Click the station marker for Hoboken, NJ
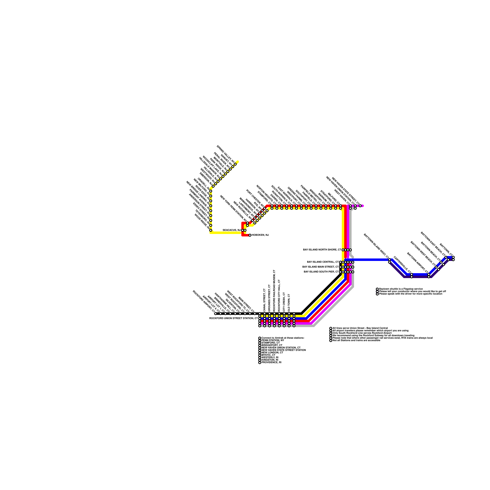point(250,235)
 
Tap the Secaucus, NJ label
point(232,230)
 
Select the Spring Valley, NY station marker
point(235,164)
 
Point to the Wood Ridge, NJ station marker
point(211,230)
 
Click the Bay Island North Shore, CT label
point(322,250)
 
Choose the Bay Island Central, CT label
point(323,262)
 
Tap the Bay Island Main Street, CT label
point(321,267)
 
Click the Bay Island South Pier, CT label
point(321,272)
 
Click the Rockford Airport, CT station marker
point(216,314)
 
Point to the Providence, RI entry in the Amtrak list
point(271,363)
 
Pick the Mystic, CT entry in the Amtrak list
point(268,355)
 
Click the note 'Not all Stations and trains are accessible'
point(356,341)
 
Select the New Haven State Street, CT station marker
point(360,206)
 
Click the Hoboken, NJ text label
point(260,235)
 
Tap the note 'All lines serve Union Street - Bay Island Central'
point(360,328)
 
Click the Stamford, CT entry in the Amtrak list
point(270,343)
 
